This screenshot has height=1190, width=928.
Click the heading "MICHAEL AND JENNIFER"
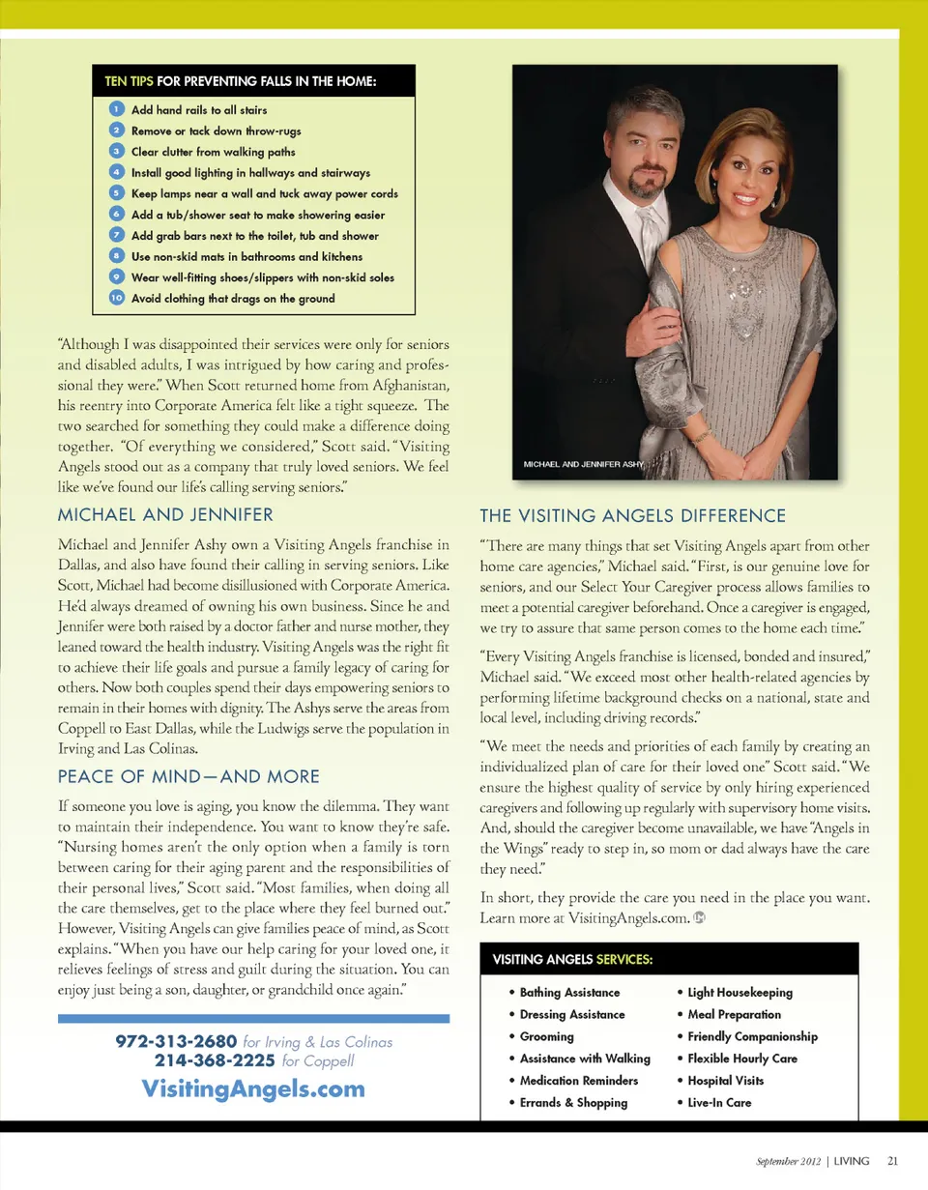(x=165, y=513)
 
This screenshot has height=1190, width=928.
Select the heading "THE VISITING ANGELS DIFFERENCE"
(x=632, y=515)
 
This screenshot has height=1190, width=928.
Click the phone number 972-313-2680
(x=176, y=1042)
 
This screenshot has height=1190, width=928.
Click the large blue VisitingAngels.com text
(x=253, y=1088)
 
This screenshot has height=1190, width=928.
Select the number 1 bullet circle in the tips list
(x=115, y=109)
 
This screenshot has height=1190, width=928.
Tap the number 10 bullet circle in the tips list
(x=115, y=298)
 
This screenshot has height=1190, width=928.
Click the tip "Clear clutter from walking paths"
(x=213, y=152)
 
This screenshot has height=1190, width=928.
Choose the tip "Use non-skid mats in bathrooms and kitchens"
(x=246, y=256)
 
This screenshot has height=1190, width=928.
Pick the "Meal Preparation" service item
(x=733, y=1014)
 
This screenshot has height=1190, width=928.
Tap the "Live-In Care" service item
(x=718, y=1102)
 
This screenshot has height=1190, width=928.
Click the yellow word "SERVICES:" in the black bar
(x=623, y=960)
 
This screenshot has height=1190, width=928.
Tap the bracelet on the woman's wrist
(x=699, y=437)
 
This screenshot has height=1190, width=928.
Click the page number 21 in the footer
(x=892, y=1160)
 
